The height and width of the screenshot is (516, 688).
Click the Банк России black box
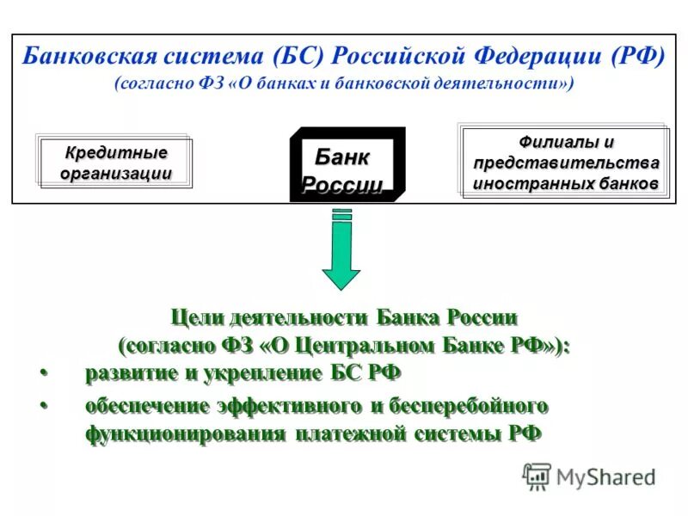347,164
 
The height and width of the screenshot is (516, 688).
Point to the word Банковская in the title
87,57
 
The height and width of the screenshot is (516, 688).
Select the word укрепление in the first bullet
265,373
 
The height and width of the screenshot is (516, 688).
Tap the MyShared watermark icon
537,476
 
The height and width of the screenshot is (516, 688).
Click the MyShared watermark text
605,476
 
